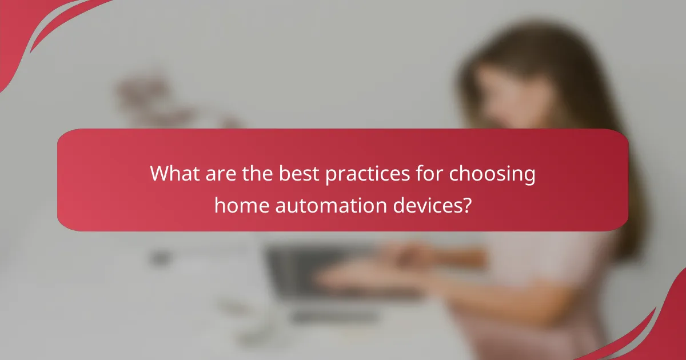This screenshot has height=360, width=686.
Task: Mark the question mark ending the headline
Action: tap(466, 204)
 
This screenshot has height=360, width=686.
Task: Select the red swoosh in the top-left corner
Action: tap(34, 29)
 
